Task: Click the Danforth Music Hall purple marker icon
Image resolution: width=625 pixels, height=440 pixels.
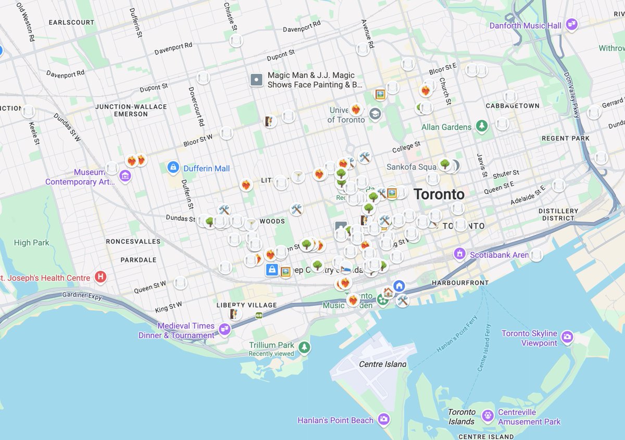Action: pos(572,24)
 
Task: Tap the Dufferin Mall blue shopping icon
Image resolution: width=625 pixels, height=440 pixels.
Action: pos(173,168)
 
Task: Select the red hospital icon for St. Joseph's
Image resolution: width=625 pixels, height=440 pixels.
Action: pos(101,277)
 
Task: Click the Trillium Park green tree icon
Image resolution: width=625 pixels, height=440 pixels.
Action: pos(304,347)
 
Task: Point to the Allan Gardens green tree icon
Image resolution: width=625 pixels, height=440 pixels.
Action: pos(482,126)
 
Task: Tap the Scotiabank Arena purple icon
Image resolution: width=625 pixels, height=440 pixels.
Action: pos(459,254)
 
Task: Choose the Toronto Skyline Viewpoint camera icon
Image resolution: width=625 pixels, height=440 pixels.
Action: pos(567,337)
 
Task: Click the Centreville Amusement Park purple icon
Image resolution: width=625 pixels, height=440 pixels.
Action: pos(488,416)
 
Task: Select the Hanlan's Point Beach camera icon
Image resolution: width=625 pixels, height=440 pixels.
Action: pos(384,419)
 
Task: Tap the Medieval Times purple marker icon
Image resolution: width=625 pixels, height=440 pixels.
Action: pos(224,329)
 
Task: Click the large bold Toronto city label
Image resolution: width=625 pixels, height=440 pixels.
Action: pos(439,195)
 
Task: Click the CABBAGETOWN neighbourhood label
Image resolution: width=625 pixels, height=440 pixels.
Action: pos(512,106)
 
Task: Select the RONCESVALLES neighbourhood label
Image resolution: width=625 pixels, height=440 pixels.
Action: pos(133,242)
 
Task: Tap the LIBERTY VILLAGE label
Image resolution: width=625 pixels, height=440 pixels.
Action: pos(247,305)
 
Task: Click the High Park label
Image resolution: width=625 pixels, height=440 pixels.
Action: pos(32,243)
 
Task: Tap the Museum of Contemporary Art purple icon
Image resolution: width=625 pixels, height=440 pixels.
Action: pos(125,176)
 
